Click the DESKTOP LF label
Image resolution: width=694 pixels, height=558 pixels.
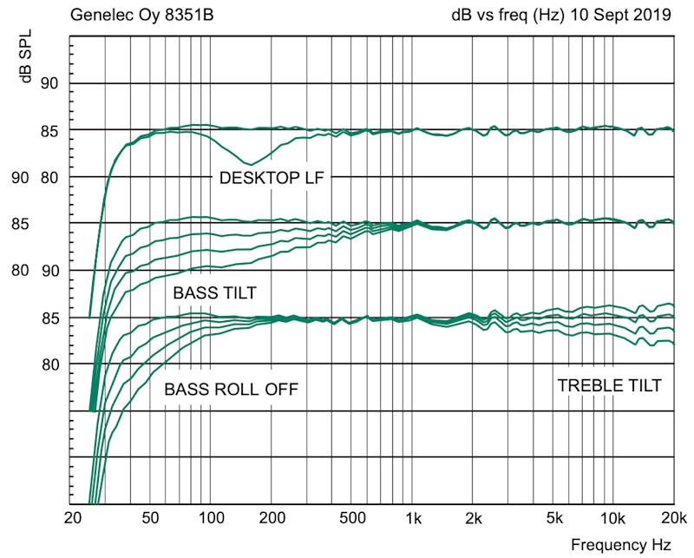click(270, 178)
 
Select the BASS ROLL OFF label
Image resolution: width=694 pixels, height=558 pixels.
click(231, 390)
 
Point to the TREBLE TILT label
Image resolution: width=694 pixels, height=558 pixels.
click(610, 385)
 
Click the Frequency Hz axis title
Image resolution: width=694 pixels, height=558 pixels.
click(620, 545)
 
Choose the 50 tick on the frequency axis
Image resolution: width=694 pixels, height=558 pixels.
click(150, 519)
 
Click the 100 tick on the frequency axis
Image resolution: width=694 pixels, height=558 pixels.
click(211, 519)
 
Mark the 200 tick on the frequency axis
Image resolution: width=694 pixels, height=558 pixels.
click(272, 519)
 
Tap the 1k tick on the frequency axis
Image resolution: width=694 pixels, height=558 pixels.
click(413, 519)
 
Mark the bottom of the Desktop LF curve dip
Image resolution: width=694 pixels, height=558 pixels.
click(250, 164)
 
